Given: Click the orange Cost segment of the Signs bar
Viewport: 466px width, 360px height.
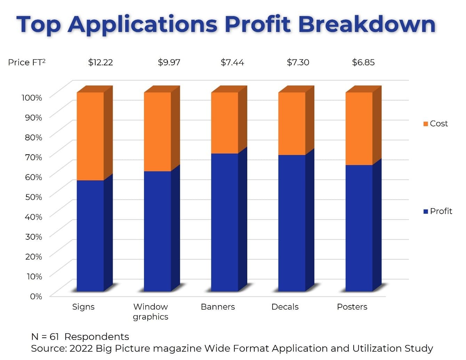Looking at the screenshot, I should tap(90, 136).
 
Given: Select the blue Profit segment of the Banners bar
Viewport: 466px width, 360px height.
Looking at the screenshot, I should tap(225, 222).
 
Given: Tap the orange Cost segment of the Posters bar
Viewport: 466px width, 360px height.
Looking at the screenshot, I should tap(359, 129).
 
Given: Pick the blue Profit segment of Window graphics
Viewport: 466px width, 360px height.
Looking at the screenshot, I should tap(157, 231).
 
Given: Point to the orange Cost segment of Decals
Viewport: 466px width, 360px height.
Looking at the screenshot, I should tap(292, 124).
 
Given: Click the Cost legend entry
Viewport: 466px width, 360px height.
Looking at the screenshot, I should tap(435, 124).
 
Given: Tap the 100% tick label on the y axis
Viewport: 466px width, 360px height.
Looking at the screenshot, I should tap(32, 98).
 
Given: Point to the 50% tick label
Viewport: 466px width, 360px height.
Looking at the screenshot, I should tap(33, 197).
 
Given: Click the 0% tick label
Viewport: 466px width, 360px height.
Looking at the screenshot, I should tap(36, 296).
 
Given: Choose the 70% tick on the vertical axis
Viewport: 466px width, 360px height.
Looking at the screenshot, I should tap(33, 157).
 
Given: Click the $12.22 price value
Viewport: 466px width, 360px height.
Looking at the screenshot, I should tap(101, 63).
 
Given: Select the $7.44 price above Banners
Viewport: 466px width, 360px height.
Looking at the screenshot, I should tap(232, 63).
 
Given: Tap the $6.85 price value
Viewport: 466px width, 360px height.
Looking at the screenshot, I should tap(363, 63).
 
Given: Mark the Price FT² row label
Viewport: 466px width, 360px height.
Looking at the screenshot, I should tap(27, 62).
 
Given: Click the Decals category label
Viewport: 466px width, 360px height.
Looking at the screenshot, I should tap(285, 307).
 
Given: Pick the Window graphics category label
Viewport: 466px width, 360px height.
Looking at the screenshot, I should tap(151, 312).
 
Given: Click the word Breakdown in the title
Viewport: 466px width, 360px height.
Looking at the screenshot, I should tap(367, 24).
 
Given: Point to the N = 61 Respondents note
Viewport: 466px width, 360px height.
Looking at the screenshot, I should tap(80, 337).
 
